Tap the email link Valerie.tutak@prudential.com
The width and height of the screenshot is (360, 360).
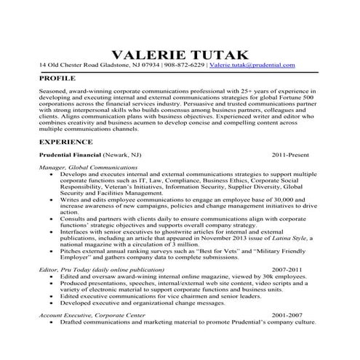tap(252, 65)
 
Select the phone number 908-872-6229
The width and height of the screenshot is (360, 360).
tap(185, 65)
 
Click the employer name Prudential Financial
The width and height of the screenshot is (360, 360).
tap(69, 156)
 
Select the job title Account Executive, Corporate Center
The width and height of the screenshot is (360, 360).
tap(92, 314)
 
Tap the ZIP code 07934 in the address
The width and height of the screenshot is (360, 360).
tap(149, 65)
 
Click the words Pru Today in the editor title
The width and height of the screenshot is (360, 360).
tap(71, 269)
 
